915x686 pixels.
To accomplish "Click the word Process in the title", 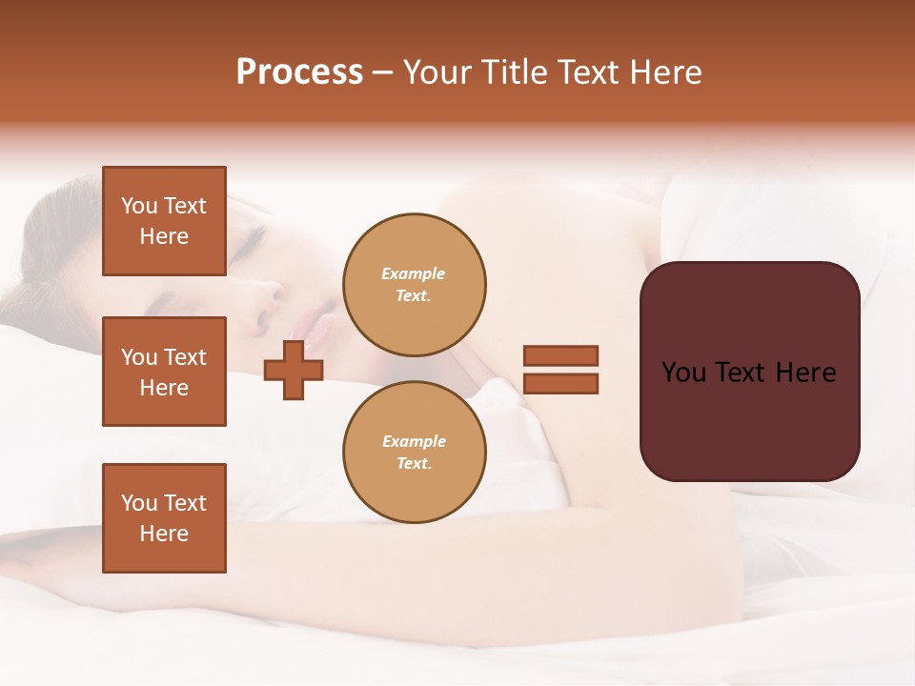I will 299,72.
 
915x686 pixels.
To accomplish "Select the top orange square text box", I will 164,221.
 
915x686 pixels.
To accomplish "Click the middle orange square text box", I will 164,372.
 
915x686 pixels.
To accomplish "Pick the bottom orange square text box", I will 164,518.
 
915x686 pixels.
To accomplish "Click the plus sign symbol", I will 293,370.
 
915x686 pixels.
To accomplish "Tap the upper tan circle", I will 415,285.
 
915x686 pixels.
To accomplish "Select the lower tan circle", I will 415,453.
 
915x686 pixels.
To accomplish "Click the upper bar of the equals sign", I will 560,356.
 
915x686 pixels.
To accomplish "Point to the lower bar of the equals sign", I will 560,383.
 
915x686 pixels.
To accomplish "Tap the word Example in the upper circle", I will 414,274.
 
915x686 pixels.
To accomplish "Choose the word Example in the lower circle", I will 414,442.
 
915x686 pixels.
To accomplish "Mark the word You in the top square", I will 139,206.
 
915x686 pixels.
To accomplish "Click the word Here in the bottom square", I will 164,535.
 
